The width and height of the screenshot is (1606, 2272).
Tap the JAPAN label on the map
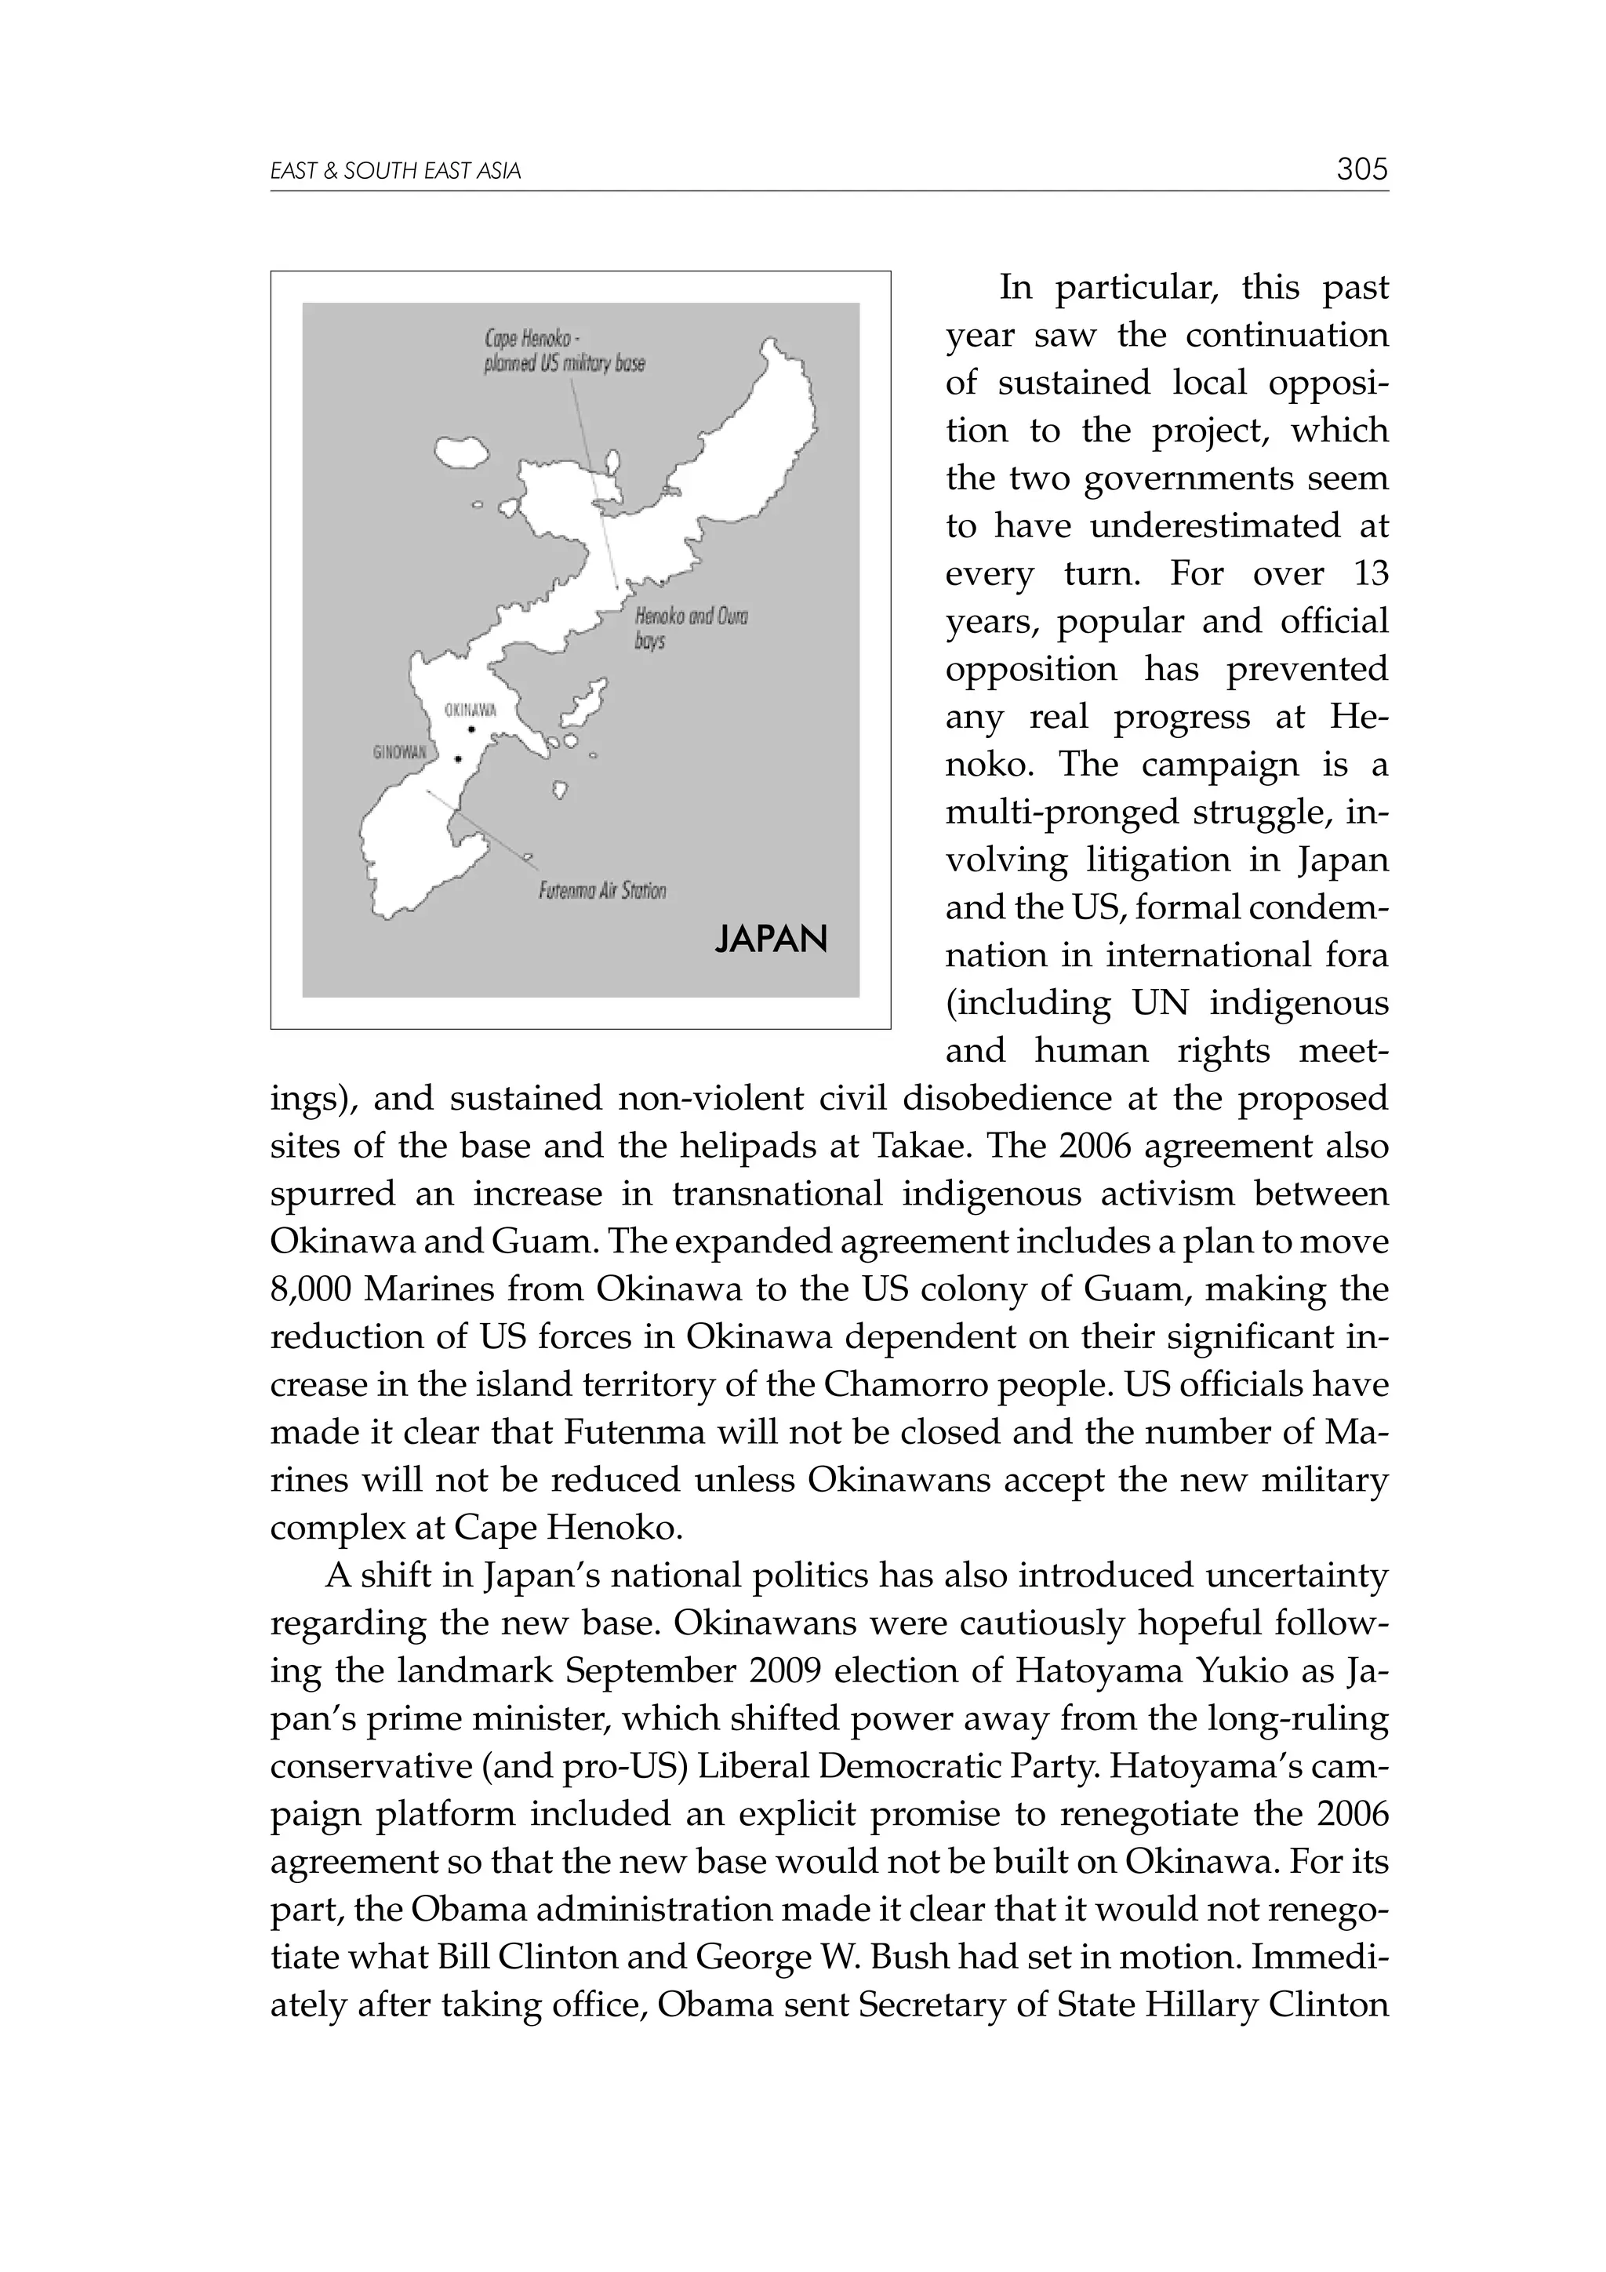771,939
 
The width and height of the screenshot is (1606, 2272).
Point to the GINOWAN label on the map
399,752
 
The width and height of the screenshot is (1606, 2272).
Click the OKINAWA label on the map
470,711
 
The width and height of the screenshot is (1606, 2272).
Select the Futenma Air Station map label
601,891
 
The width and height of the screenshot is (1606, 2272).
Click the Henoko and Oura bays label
690,628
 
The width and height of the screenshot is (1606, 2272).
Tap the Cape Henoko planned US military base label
563,351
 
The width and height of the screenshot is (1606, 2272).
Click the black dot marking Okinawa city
472,730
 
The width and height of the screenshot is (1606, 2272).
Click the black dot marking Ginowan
457,760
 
